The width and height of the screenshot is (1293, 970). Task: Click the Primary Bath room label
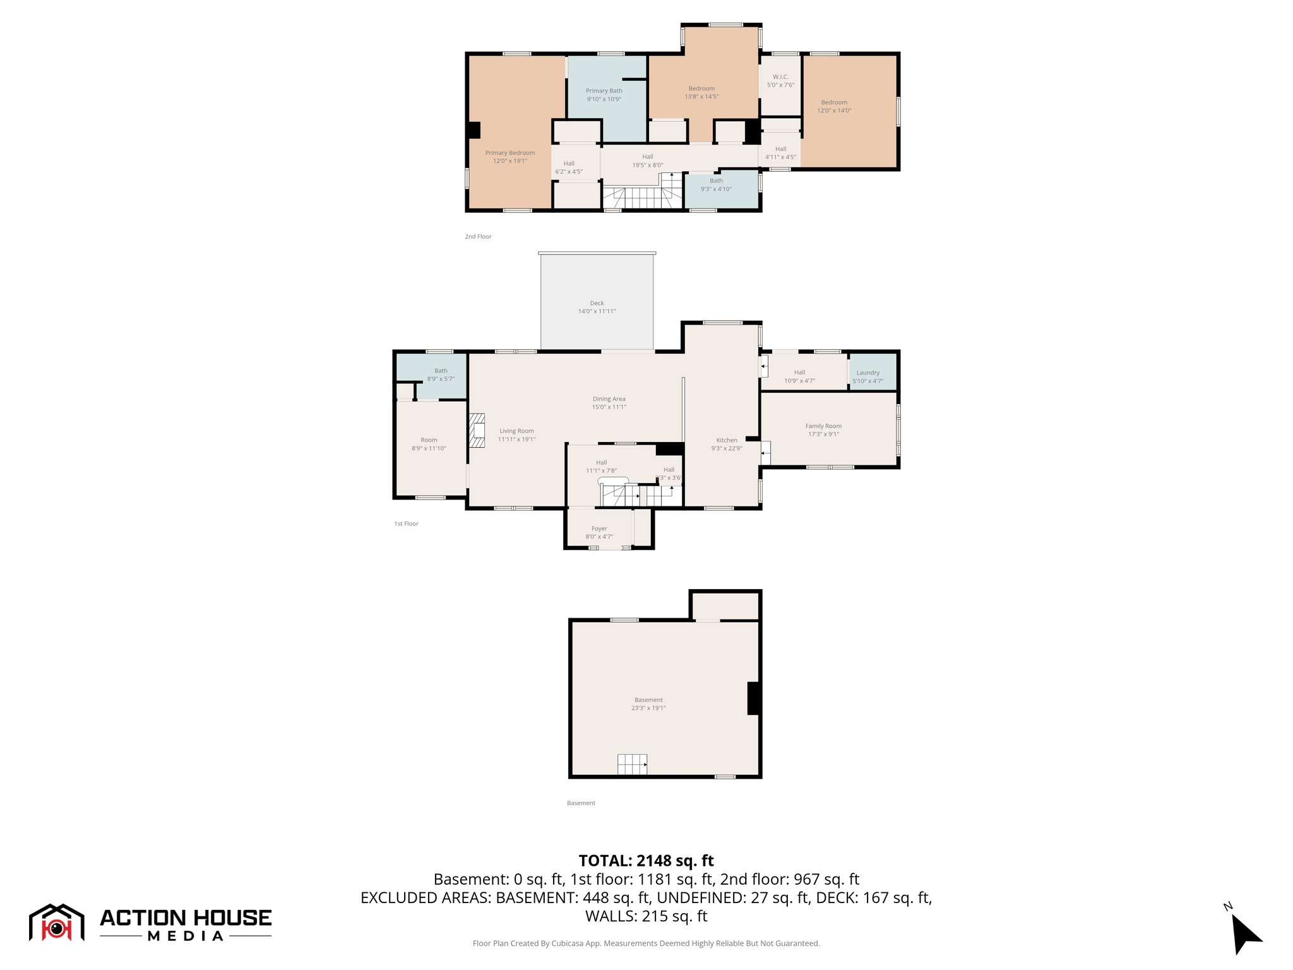(x=604, y=91)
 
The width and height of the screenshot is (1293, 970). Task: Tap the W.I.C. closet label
(x=780, y=77)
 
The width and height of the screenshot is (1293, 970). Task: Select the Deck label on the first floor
(x=597, y=303)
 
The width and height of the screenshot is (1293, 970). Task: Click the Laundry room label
(x=867, y=373)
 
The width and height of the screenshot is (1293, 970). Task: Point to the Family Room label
(x=823, y=426)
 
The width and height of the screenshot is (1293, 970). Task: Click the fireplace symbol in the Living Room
(x=477, y=430)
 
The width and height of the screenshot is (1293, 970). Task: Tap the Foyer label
(x=599, y=529)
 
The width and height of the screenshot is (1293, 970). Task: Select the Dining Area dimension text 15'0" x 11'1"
(x=609, y=407)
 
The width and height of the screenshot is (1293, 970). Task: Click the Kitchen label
(x=726, y=440)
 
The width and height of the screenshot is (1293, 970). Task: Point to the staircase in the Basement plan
(x=632, y=764)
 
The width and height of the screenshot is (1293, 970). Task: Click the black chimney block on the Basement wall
(x=753, y=698)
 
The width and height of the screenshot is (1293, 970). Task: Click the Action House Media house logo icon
(x=56, y=923)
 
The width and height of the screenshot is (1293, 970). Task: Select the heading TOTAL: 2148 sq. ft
(x=646, y=861)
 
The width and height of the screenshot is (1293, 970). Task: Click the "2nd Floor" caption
(x=478, y=237)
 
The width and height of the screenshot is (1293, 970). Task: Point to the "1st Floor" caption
(x=406, y=524)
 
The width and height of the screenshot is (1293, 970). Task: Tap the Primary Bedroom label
(x=509, y=153)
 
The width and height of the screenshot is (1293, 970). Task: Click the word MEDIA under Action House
(x=186, y=937)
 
